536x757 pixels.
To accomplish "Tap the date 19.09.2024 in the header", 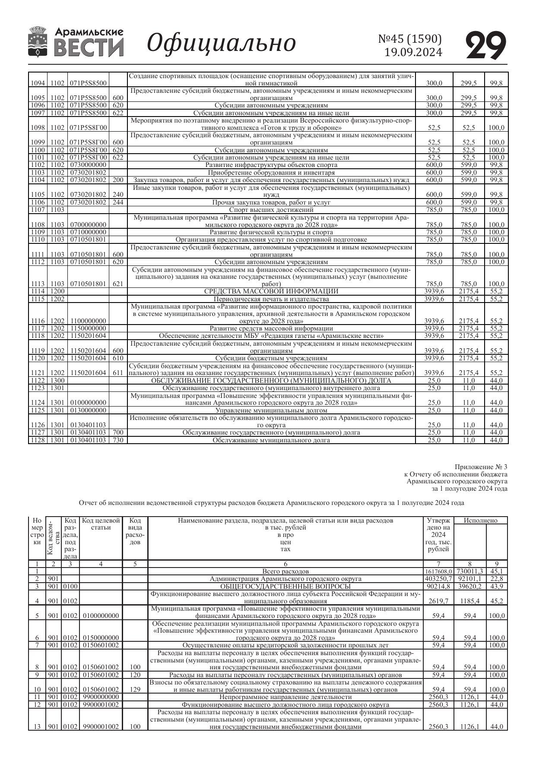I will (x=413, y=52).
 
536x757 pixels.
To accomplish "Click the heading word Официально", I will (x=222, y=43).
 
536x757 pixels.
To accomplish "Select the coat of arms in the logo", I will (x=38, y=42).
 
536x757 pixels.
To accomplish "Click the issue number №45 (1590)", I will (x=410, y=39).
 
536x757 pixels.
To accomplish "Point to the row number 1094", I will (x=38, y=83).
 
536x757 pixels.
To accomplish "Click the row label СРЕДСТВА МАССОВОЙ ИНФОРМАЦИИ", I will (x=271, y=291).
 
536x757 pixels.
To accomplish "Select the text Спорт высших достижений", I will (x=271, y=210).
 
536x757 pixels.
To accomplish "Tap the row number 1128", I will (x=38, y=440).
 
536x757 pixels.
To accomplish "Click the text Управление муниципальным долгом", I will (x=271, y=410).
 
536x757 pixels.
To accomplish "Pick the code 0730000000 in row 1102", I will (x=88, y=165).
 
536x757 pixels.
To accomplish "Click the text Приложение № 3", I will (x=481, y=467).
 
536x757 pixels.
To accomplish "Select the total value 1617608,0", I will (x=438, y=571).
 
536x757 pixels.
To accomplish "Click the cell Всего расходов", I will (x=285, y=571).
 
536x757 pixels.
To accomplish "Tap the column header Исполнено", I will (x=480, y=520).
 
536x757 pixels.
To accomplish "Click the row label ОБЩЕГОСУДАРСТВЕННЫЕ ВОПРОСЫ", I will (x=285, y=587).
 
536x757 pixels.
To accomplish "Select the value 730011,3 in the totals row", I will (x=470, y=571).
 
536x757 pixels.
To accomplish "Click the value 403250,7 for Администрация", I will (x=438, y=579).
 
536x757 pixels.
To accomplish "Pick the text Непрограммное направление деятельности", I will (x=285, y=697).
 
